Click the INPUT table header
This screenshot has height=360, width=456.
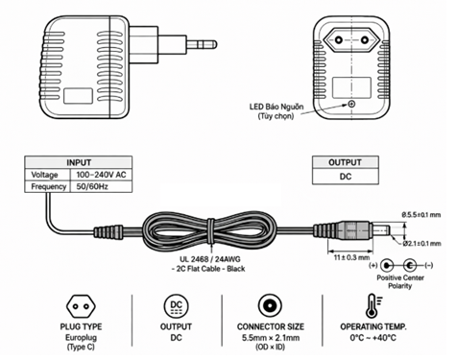[79, 162]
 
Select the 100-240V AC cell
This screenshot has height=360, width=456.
[101, 175]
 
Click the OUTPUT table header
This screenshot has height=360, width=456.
[346, 162]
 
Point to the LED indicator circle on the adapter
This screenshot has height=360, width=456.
[351, 104]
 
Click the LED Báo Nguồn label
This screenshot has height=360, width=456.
[276, 107]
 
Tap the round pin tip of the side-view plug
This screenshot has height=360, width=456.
[213, 44]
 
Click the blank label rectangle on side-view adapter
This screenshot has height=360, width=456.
[79, 96]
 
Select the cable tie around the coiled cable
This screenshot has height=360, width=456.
[211, 231]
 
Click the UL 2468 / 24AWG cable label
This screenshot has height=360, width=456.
[210, 259]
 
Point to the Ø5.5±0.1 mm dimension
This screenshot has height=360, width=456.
[421, 214]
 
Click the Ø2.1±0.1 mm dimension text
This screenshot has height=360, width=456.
[421, 244]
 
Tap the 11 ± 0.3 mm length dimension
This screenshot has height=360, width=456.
[351, 257]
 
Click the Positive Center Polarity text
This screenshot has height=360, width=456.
[400, 281]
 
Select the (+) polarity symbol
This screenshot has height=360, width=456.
[373, 265]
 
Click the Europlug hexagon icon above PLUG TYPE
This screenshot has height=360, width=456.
[81, 306]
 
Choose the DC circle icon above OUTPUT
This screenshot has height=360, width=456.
[176, 306]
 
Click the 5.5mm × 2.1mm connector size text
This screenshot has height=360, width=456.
[271, 338]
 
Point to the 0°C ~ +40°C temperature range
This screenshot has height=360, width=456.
[373, 338]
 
